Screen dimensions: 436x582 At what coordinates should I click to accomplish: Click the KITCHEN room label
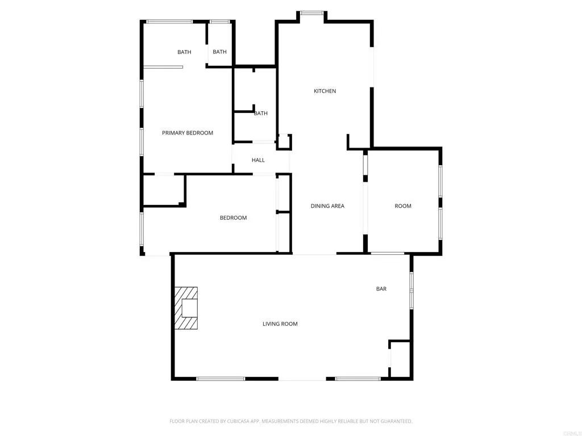[325, 91]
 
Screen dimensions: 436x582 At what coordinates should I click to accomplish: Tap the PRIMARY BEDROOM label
[188, 133]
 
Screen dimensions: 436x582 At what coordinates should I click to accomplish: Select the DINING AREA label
[327, 206]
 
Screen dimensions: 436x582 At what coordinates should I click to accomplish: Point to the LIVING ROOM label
[280, 324]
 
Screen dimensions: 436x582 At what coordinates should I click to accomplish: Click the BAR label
[381, 289]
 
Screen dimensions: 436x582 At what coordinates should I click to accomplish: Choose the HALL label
[258, 160]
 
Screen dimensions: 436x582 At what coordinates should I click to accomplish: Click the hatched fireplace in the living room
[186, 308]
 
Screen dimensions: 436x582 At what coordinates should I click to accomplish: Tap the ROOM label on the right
[403, 206]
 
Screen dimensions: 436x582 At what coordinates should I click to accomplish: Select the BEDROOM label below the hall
[234, 218]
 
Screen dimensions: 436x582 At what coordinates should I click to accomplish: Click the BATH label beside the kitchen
[261, 114]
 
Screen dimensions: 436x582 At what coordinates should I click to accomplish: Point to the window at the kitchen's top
[311, 13]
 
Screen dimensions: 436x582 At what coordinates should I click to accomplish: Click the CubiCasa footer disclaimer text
[291, 421]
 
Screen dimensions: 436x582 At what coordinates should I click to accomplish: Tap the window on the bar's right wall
[411, 291]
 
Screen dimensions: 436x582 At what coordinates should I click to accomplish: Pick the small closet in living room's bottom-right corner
[400, 359]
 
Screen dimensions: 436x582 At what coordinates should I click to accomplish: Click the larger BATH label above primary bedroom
[184, 52]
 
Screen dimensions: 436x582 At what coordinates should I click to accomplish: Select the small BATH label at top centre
[220, 52]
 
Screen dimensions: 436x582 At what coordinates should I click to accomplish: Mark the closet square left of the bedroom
[164, 190]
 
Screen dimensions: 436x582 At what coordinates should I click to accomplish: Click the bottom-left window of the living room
[221, 379]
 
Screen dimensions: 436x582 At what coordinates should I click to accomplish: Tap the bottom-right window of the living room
[358, 379]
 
